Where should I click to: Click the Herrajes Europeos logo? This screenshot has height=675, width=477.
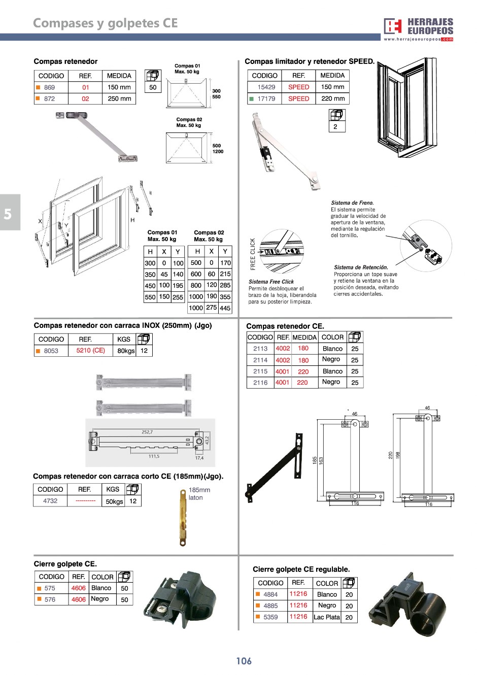[x=418, y=29]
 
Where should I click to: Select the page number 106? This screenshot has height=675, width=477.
[x=244, y=661]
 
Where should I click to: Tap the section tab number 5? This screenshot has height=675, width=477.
[x=8, y=214]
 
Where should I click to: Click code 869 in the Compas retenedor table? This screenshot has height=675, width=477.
[x=49, y=87]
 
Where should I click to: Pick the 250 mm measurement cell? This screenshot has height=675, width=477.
[x=119, y=99]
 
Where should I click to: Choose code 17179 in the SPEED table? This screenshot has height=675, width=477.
[x=266, y=99]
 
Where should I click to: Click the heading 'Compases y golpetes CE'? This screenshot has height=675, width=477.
[x=105, y=23]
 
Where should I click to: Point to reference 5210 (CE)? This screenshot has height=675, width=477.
[x=90, y=351]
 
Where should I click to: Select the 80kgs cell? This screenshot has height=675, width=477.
[x=126, y=351]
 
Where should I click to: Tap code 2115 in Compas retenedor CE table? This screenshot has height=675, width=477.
[x=260, y=371]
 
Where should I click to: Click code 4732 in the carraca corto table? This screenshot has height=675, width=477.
[x=50, y=501]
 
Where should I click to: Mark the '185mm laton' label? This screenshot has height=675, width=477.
[x=199, y=494]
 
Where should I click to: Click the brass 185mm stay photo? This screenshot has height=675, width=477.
[x=183, y=518]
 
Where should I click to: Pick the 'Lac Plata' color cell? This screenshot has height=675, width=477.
[x=327, y=617]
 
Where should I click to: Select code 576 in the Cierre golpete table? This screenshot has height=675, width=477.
[x=50, y=599]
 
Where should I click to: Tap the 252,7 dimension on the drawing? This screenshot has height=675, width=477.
[x=147, y=432]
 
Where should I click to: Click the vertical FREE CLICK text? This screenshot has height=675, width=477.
[x=253, y=254]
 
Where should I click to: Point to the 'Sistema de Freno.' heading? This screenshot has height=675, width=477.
[x=352, y=203]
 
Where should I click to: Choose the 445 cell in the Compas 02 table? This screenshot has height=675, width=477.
[x=225, y=308]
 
